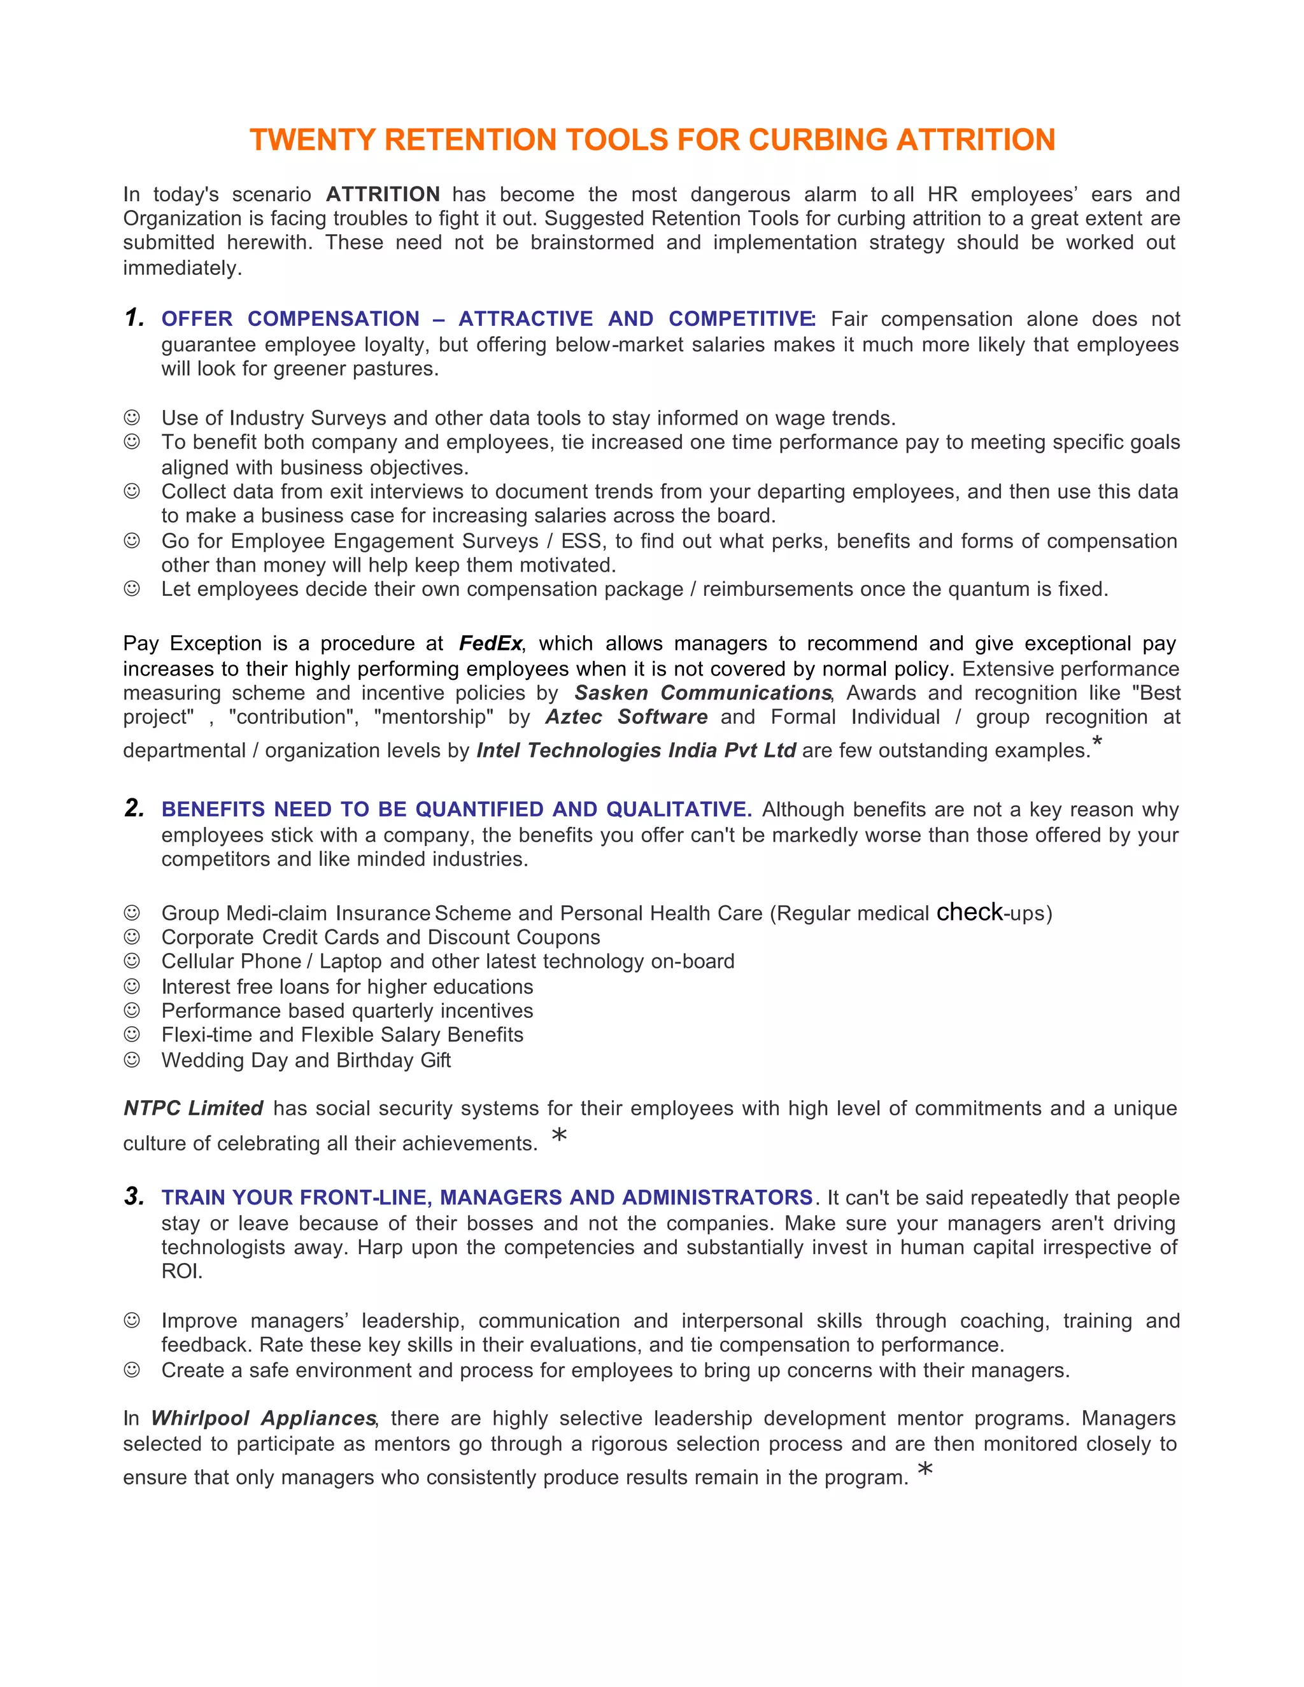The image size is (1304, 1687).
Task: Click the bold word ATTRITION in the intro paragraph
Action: coord(383,194)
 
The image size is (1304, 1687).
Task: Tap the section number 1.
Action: coord(134,318)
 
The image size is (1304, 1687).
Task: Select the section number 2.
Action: coord(134,808)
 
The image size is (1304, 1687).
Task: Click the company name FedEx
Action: coord(490,644)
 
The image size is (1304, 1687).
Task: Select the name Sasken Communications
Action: coord(702,692)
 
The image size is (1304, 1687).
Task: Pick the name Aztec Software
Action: coord(627,717)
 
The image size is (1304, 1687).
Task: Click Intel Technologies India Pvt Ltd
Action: coord(636,750)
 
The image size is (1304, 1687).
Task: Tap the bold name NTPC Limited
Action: coord(193,1108)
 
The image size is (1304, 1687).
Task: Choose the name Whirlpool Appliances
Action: coord(264,1418)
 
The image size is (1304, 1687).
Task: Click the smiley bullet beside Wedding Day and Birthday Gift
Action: coord(132,1059)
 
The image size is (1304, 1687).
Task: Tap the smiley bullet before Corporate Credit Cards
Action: coord(132,936)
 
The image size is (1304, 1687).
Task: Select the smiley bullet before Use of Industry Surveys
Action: coord(132,417)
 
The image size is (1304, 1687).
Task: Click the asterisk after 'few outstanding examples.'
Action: coord(1097,742)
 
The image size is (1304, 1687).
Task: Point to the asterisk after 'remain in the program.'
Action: coord(925,1469)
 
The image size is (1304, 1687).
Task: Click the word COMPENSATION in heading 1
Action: coord(333,319)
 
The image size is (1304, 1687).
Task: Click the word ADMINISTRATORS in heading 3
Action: coord(717,1197)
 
